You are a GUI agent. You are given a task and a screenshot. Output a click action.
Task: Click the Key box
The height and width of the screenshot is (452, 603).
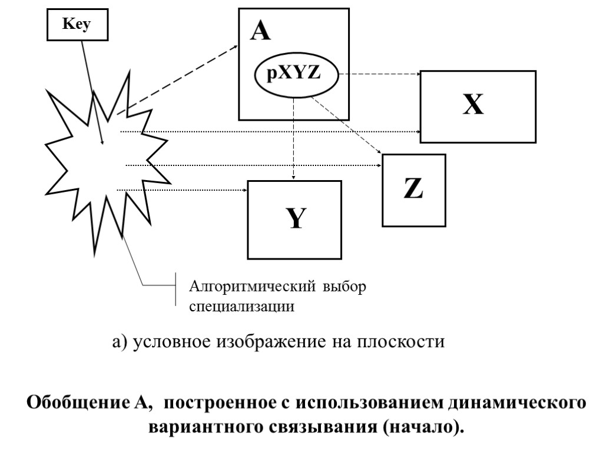(x=78, y=26)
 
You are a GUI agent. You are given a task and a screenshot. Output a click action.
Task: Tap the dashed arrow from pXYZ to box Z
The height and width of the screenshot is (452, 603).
(x=347, y=127)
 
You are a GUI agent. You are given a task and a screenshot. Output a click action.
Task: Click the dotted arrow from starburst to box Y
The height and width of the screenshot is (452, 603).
(x=183, y=190)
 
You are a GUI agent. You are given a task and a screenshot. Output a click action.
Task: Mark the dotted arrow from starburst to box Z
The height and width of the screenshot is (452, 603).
(x=253, y=165)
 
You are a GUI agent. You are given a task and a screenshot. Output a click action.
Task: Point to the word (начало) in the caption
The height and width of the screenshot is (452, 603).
(x=422, y=425)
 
